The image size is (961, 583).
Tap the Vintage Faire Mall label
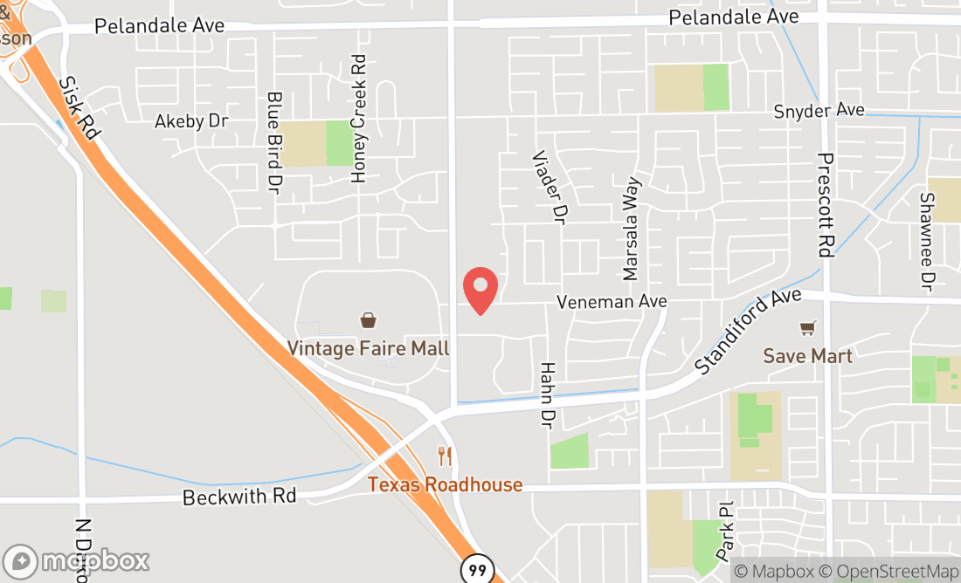click(369, 348)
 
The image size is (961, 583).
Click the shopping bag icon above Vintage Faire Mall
click(369, 320)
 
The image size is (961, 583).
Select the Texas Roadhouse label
click(445, 484)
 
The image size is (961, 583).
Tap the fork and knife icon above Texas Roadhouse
click(445, 456)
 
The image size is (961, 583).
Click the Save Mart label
click(807, 355)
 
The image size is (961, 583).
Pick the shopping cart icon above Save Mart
click(807, 328)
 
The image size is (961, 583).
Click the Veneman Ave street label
click(612, 301)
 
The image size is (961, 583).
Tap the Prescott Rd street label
click(826, 205)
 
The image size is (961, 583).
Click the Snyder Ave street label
click(819, 111)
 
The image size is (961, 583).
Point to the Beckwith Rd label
click(239, 496)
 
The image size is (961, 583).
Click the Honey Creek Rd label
click(358, 119)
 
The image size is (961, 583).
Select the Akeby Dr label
click(191, 120)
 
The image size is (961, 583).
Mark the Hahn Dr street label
click(548, 395)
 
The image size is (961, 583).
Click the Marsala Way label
click(631, 230)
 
